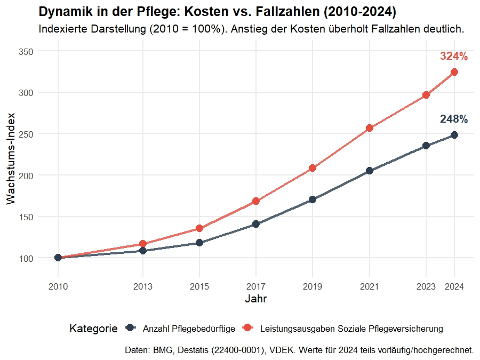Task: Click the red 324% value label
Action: click(x=454, y=57)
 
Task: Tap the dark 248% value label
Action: click(x=454, y=119)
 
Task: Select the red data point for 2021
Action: click(x=369, y=128)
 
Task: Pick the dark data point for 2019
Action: click(x=313, y=199)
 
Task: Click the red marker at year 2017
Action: click(x=256, y=201)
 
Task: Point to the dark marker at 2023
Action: click(x=426, y=146)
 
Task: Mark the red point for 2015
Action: click(x=199, y=228)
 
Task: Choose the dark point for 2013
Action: click(x=142, y=251)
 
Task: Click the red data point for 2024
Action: click(x=454, y=72)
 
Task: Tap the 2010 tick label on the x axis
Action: click(x=58, y=287)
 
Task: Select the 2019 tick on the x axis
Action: click(x=313, y=287)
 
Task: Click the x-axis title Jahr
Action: click(x=255, y=299)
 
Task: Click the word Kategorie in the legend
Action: click(x=93, y=329)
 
